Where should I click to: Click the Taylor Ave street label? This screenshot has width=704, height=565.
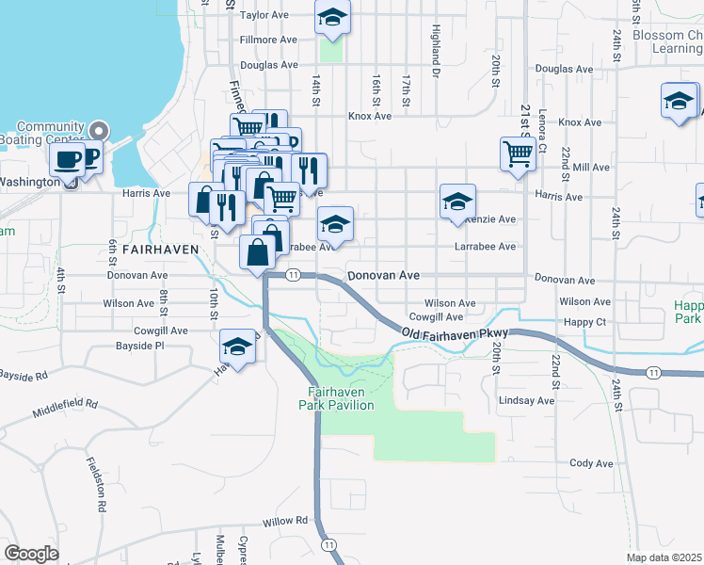click(264, 15)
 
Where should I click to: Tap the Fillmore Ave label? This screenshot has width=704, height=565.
click(268, 40)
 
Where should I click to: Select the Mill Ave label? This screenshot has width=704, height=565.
click(591, 167)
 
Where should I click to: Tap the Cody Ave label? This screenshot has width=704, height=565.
click(591, 463)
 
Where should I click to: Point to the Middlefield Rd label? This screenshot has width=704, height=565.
click(65, 408)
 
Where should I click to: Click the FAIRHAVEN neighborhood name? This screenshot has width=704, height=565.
click(160, 249)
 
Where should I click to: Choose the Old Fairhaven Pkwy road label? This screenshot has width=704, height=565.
click(455, 334)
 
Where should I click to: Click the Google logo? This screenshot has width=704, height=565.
click(31, 554)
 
